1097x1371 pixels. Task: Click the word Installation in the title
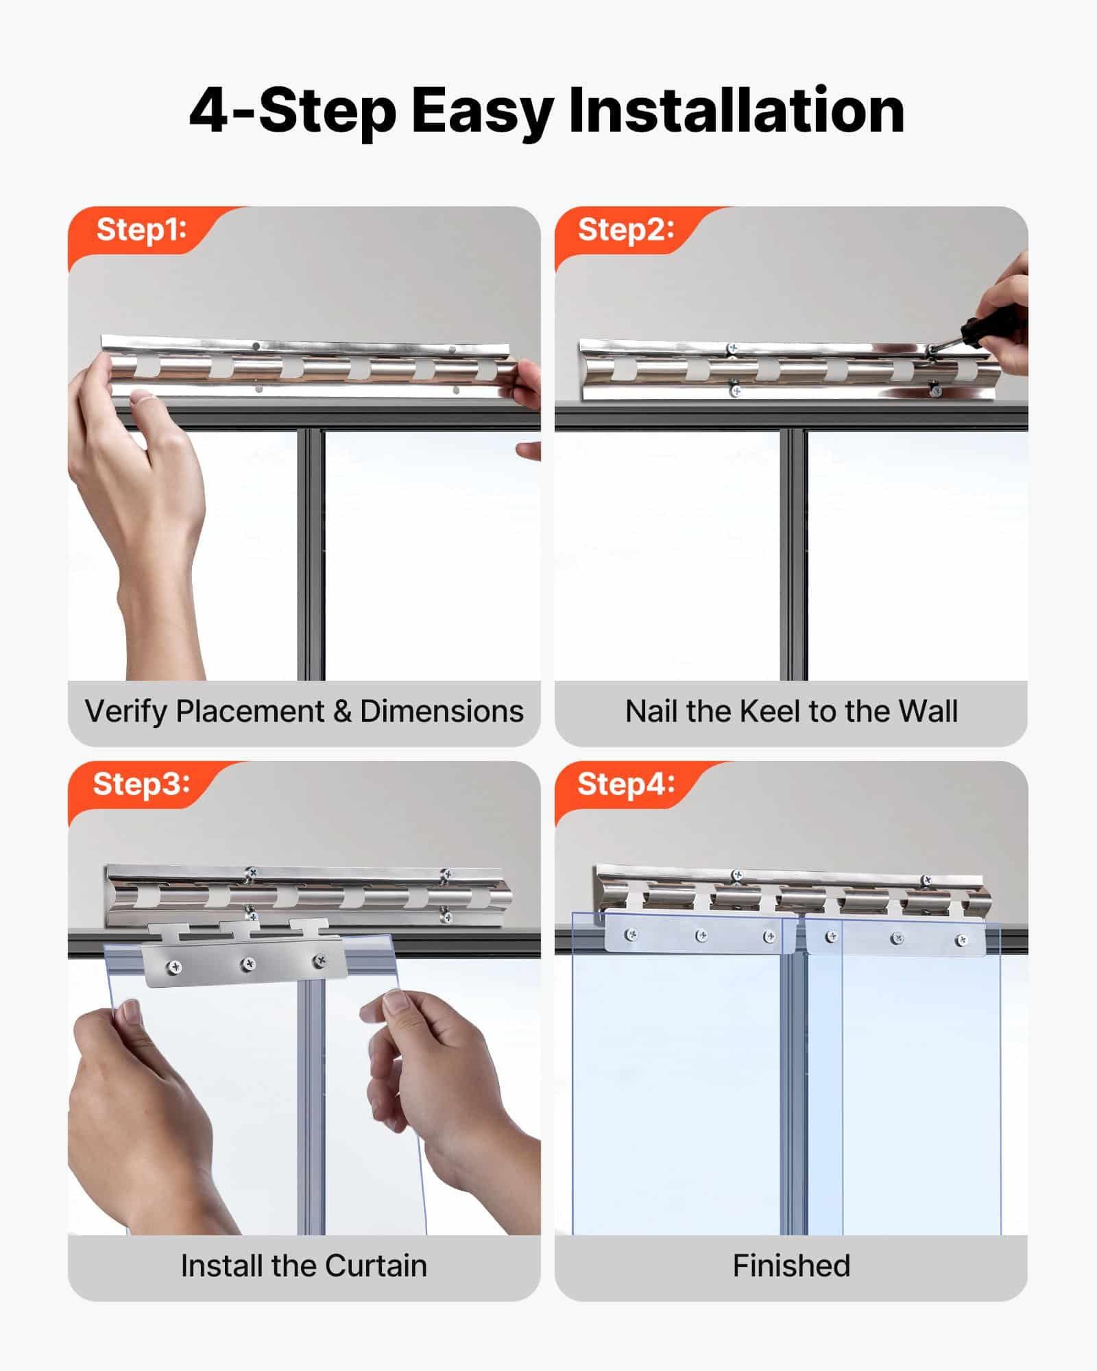click(x=736, y=111)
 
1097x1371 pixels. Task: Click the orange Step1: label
click(x=141, y=230)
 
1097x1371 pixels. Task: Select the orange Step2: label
click(x=626, y=230)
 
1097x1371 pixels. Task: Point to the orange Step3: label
click(x=141, y=784)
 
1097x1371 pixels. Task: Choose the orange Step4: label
click(x=626, y=784)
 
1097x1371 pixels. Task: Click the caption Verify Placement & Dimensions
click(x=304, y=712)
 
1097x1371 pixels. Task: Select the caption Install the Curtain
click(x=304, y=1265)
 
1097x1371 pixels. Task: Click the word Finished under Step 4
click(x=791, y=1265)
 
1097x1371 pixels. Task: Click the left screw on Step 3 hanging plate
click(x=176, y=967)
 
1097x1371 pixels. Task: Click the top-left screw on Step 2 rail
click(x=732, y=349)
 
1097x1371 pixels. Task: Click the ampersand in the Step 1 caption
click(x=342, y=712)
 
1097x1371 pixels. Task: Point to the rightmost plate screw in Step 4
click(x=961, y=940)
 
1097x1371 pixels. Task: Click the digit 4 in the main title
click(x=208, y=111)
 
